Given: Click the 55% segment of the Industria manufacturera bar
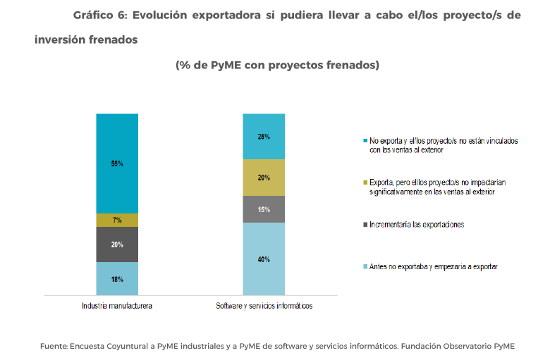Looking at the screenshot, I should tap(117, 163).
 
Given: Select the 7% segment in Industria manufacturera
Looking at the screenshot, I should tap(117, 220).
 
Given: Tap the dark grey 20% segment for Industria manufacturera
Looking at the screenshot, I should tap(117, 244).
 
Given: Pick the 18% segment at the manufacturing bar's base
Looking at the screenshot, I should tap(117, 279).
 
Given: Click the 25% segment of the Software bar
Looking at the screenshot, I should tap(264, 136).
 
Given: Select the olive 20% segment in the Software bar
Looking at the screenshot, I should tap(264, 178).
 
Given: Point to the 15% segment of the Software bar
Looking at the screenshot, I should tap(264, 209).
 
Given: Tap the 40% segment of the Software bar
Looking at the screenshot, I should tap(264, 259).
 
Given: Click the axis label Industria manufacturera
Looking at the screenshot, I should tap(117, 306).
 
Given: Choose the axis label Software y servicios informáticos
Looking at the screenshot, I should tap(264, 306).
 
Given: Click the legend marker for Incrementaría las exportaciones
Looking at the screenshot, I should tap(365, 225).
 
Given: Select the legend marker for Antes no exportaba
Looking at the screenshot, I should tap(365, 266).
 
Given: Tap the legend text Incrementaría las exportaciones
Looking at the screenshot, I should tap(416, 225).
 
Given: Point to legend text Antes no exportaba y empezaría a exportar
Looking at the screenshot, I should tap(434, 266).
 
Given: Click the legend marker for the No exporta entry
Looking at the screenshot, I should tap(365, 141).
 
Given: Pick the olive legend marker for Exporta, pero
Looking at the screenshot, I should tap(365, 182).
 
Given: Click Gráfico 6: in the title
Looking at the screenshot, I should tap(99, 15).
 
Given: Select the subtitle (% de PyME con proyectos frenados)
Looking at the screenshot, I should tap(277, 65).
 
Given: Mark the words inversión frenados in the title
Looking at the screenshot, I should tap(85, 39).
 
